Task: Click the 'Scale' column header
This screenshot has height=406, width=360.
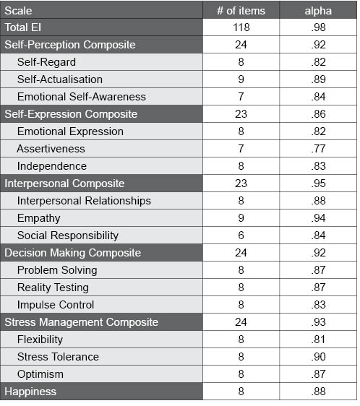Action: tap(19, 10)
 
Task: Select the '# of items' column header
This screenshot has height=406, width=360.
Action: tap(241, 10)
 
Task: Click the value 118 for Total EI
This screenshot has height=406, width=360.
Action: tap(241, 27)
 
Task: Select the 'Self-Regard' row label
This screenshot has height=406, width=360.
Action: tap(46, 62)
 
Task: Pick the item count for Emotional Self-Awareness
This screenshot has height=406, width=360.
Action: tap(241, 97)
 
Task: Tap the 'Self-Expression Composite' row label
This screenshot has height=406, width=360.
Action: tap(71, 114)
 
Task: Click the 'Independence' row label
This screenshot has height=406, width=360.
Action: tap(52, 166)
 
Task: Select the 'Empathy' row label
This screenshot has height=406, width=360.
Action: tap(39, 218)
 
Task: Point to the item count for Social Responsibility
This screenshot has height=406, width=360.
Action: tap(241, 236)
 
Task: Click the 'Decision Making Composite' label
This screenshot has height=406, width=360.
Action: tap(73, 253)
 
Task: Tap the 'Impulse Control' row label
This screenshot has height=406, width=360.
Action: tap(56, 305)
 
